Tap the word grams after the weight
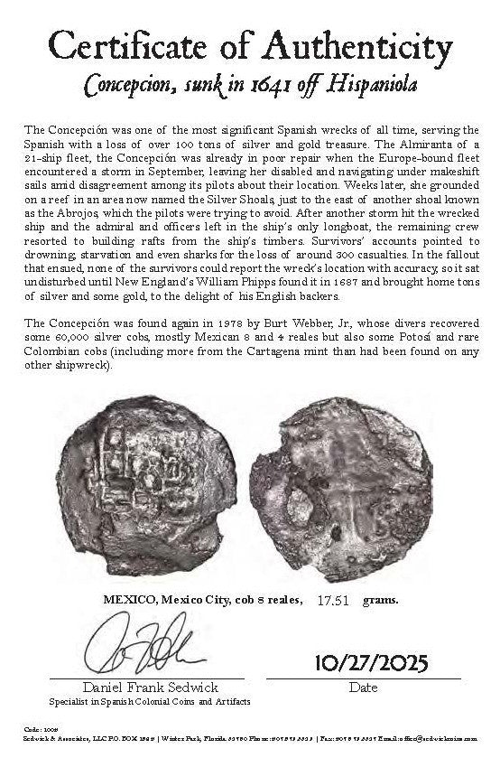tap(379, 598)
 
